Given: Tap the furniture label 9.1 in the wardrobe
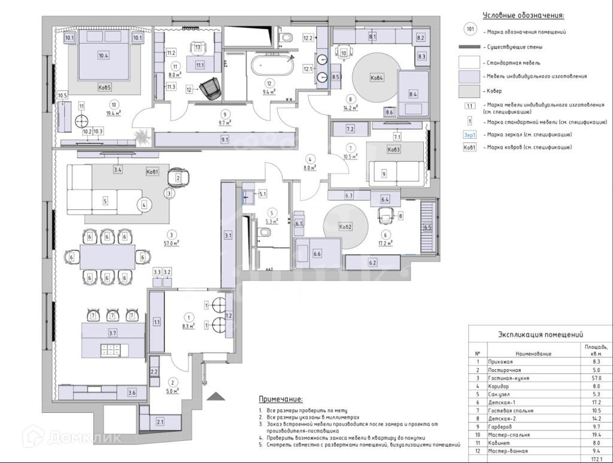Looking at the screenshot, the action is (225, 139).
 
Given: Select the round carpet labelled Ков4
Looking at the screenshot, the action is (376, 78).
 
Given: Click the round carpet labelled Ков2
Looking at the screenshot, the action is (345, 227).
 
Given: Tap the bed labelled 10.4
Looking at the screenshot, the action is (104, 60).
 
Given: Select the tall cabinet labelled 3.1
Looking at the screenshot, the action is (228, 235).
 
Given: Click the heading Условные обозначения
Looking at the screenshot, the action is (524, 16).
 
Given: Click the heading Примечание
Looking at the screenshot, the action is (280, 399).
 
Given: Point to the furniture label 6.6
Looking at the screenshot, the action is (317, 254).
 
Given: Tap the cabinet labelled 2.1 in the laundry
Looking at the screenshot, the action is (160, 422).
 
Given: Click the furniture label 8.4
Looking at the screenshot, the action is (413, 94).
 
